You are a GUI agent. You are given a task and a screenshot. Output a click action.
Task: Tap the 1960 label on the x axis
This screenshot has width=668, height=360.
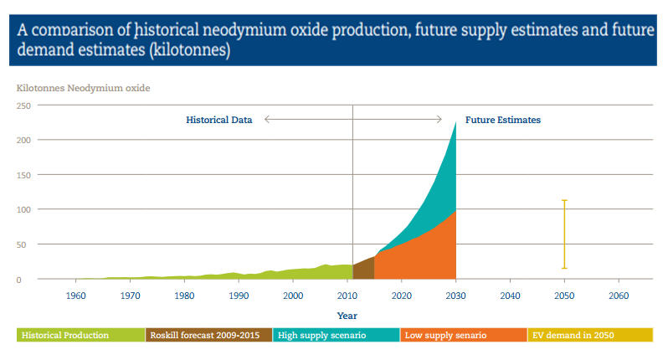point(76,296)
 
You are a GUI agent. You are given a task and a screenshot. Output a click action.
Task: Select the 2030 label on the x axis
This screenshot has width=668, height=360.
point(455,296)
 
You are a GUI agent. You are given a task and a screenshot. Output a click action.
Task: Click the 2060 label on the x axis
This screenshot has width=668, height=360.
point(619,296)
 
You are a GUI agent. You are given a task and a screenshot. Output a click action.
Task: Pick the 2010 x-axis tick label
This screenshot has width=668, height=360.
point(347,296)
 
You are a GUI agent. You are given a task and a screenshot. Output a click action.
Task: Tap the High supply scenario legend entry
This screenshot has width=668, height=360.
point(322,335)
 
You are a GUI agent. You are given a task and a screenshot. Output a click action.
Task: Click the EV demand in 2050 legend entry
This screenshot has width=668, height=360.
point(573,335)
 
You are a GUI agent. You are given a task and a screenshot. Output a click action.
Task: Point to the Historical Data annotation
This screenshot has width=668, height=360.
point(218,120)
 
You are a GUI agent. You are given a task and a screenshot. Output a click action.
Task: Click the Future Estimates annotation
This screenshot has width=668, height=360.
point(503,120)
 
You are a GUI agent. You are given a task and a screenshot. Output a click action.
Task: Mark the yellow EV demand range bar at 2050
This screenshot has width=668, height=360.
point(564,234)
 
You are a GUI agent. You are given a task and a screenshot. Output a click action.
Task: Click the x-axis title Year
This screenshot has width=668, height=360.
point(347,316)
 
